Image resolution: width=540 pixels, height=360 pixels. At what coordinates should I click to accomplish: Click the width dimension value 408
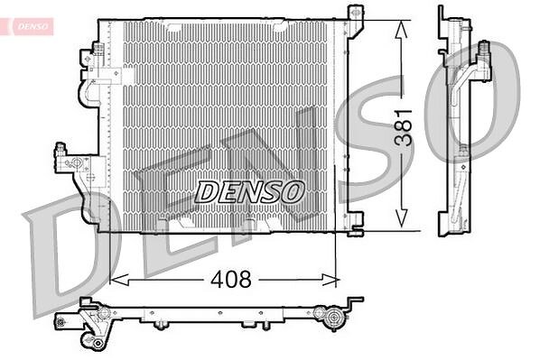click(231, 279)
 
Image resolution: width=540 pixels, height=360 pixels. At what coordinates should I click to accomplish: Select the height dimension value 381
click(403, 128)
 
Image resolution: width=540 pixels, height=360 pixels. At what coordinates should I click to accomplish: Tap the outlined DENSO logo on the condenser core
click(249, 192)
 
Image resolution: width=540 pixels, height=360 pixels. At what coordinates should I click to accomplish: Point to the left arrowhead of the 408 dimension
click(119, 280)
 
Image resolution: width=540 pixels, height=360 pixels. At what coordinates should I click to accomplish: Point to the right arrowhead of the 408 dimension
click(331, 280)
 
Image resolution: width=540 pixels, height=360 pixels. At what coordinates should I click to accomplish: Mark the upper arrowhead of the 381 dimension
click(401, 29)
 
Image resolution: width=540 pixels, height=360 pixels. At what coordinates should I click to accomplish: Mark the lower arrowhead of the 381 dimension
click(402, 218)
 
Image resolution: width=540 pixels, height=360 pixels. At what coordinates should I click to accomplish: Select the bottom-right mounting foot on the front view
click(356, 224)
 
